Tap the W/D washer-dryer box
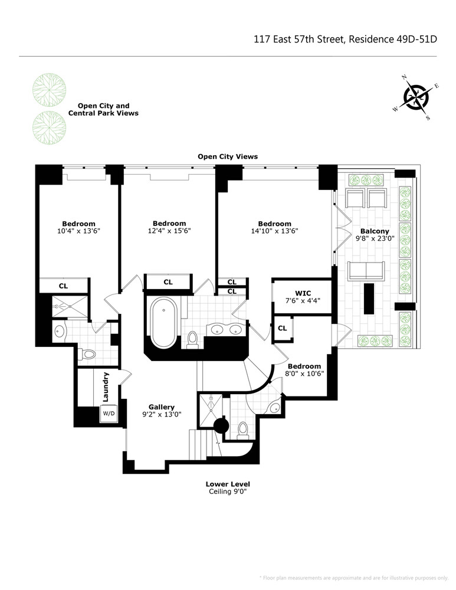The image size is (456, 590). tap(109, 414)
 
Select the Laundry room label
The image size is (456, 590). tap(106, 386)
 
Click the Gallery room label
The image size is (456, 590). tap(161, 407)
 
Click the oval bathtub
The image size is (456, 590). tap(163, 323)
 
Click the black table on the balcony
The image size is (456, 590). tap(369, 299)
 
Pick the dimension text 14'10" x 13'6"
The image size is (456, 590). tap(274, 231)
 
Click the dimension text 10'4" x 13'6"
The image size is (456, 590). tap(78, 231)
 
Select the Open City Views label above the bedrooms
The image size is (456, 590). tap(227, 156)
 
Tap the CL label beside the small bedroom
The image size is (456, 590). tap(282, 328)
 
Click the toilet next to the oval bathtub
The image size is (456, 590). tap(192, 339)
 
